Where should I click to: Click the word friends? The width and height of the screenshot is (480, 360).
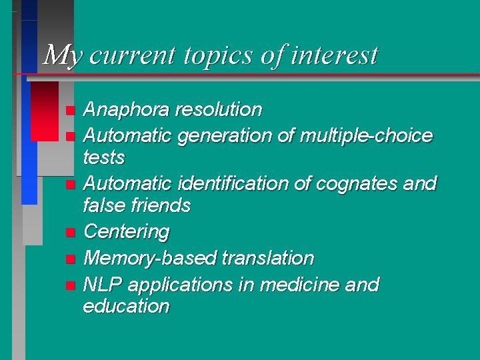click(x=159, y=205)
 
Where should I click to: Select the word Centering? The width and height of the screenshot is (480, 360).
click(x=127, y=232)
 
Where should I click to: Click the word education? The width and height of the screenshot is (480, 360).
click(x=126, y=307)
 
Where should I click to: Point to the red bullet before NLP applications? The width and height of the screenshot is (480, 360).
click(x=70, y=286)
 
